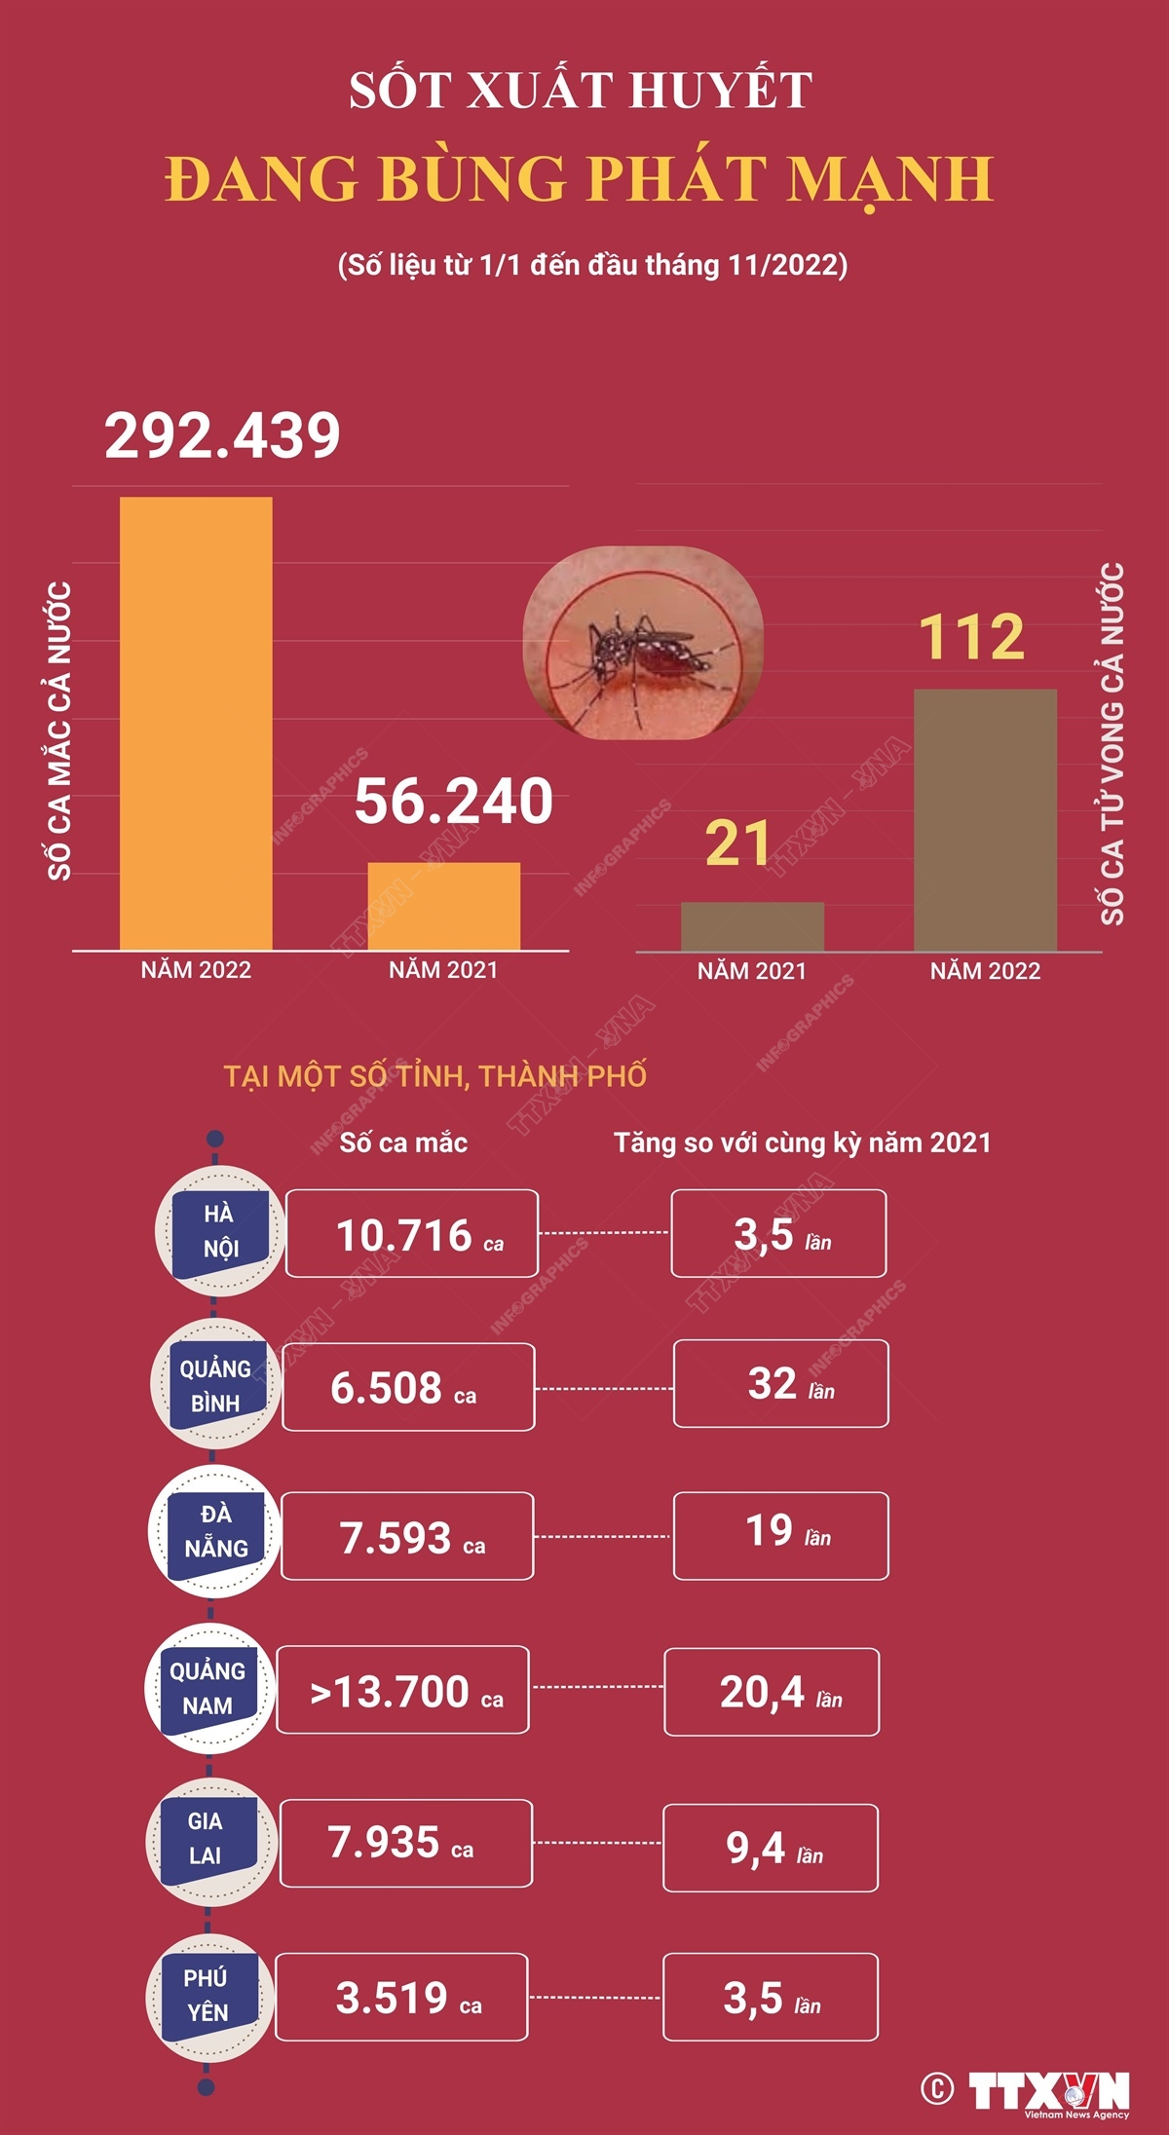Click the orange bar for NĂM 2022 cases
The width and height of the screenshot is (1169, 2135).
196,723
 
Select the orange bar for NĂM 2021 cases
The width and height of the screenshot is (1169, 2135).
443,906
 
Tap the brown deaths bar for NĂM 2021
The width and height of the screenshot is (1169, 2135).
752,926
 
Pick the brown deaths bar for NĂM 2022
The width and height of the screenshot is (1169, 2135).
985,819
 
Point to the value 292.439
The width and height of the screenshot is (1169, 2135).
222,435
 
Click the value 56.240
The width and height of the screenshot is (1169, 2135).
453,802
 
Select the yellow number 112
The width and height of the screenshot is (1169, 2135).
971,637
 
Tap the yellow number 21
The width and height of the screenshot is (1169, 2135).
737,843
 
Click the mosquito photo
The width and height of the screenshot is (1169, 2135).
643,643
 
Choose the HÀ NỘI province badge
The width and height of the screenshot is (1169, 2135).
220,1231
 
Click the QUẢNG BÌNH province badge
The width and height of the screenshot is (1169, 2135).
215,1385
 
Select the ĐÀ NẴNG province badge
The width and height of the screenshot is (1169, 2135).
215,1531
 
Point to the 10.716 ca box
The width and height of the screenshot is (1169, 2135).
412,1233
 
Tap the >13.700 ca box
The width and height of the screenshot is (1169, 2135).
403,1690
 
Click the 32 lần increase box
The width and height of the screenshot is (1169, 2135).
780,1384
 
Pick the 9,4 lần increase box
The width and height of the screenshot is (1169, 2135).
771,1848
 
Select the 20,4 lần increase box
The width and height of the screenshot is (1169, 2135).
772,1692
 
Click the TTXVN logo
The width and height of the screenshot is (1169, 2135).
1048,2091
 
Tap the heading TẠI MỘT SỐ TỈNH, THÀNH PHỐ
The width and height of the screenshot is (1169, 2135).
434,1076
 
